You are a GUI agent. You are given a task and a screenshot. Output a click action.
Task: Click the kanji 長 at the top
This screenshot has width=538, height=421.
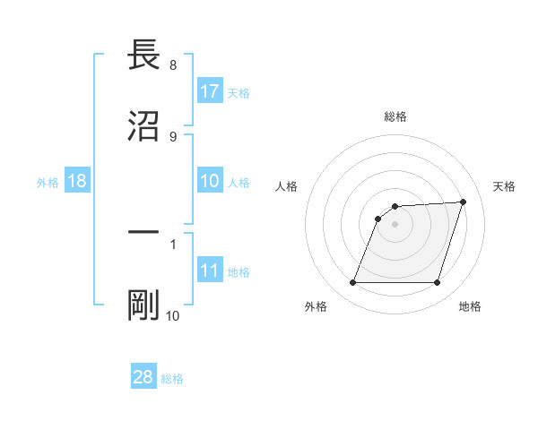tap(143, 56)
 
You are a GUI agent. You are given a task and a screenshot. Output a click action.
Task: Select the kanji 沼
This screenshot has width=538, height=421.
tap(143, 126)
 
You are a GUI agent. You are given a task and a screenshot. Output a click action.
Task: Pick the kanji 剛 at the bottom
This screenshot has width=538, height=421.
tap(143, 305)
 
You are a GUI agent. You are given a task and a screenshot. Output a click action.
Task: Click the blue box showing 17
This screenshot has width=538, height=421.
tap(210, 91)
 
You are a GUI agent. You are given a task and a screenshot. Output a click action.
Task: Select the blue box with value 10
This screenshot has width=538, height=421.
tap(210, 181)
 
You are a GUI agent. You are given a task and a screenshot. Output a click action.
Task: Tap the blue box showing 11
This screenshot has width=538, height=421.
tap(210, 271)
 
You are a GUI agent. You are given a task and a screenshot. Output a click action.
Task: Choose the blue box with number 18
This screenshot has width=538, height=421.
tap(77, 181)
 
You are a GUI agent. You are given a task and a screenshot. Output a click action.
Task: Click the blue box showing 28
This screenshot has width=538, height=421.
tap(143, 377)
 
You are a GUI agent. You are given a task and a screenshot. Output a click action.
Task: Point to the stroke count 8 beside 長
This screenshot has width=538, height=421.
tap(172, 65)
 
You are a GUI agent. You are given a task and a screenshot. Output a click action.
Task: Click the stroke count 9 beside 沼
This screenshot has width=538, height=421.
tap(172, 136)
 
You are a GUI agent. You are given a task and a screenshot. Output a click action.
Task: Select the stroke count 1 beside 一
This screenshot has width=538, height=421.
tap(172, 243)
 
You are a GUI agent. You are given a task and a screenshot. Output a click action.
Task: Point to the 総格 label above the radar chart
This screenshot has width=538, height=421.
tap(395, 117)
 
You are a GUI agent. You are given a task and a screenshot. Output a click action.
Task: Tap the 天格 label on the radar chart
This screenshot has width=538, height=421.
tap(504, 186)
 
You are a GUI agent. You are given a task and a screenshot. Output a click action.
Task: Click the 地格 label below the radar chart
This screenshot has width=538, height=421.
tap(470, 306)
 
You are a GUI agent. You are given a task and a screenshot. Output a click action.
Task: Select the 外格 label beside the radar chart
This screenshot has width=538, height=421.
tap(316, 306)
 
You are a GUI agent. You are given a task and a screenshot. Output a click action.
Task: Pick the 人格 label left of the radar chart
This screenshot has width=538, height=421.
tap(287, 186)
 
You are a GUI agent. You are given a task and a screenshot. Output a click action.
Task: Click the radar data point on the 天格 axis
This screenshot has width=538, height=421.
tap(464, 202)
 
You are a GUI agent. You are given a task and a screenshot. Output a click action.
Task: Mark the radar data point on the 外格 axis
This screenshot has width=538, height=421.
tap(352, 283)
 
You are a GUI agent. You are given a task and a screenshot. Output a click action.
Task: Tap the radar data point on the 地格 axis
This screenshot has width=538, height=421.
tap(437, 283)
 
